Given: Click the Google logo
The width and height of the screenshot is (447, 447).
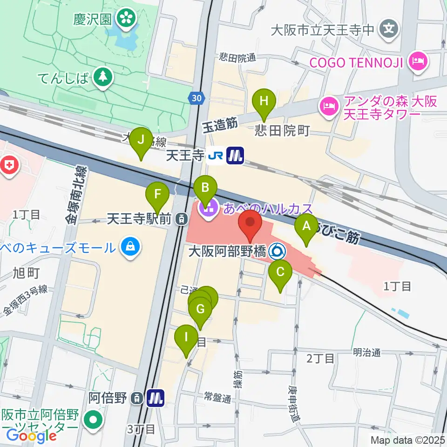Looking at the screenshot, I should pos(31,436).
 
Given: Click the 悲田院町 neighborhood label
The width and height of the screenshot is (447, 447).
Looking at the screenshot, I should pos(282,130).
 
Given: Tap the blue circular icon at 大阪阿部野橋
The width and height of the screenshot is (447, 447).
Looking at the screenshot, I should pos(278,252).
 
